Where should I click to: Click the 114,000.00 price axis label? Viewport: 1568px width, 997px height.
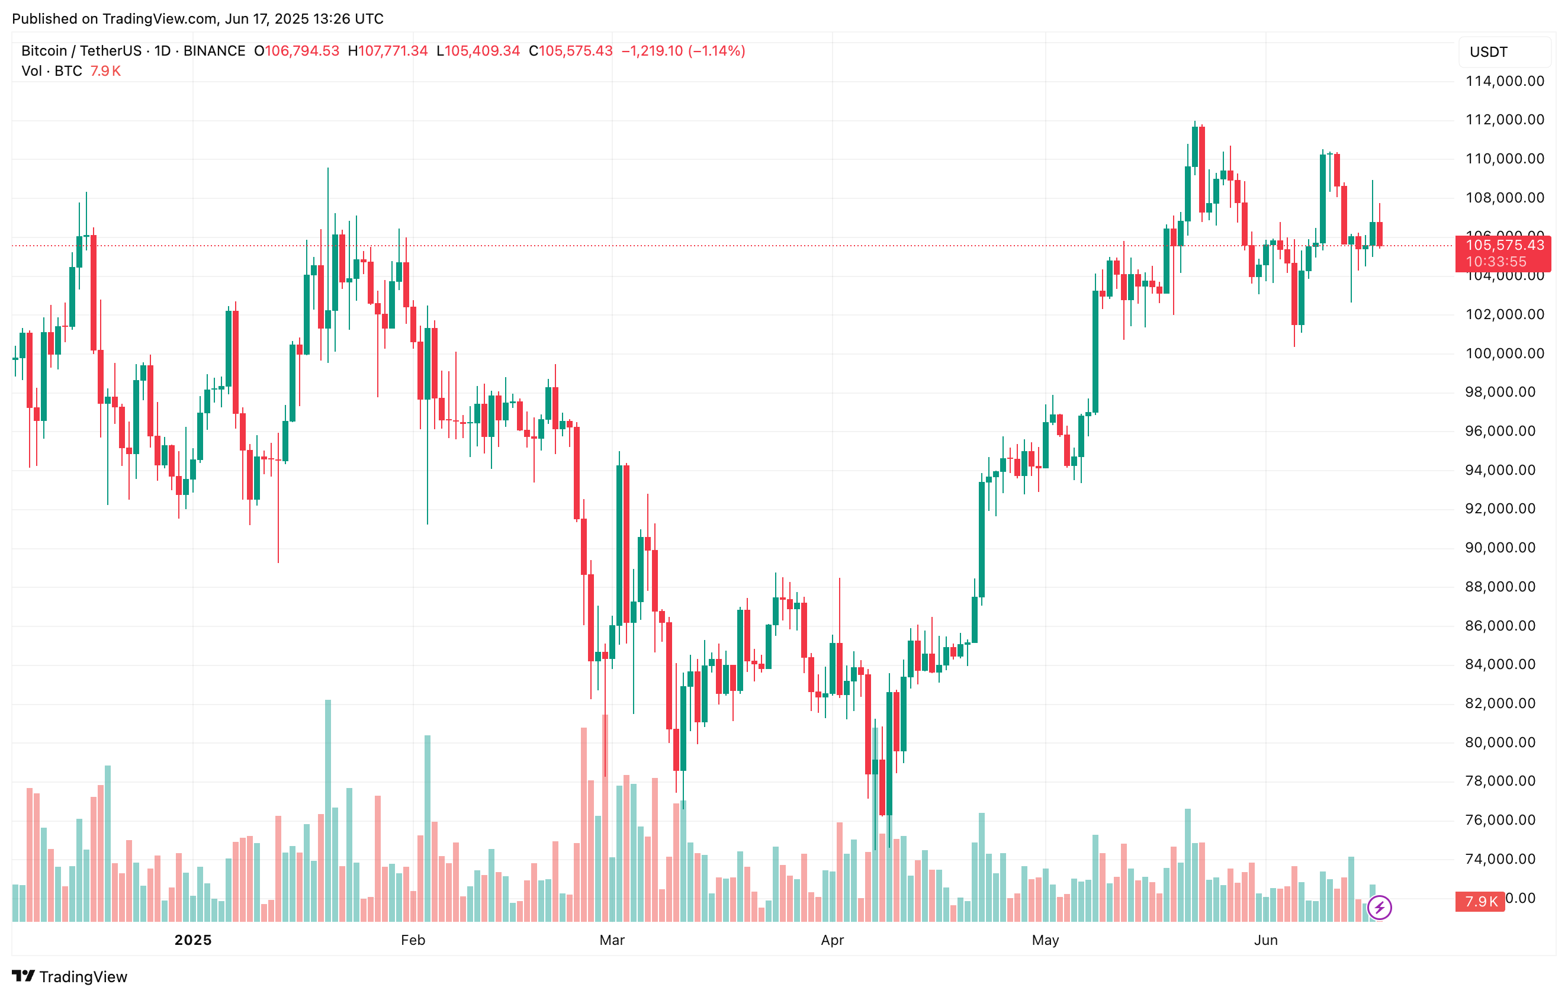coord(1504,81)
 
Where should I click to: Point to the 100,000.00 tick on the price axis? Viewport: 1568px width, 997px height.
coord(1504,353)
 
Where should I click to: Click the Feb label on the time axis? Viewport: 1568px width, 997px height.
coord(413,940)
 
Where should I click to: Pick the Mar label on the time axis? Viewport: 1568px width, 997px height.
coord(612,940)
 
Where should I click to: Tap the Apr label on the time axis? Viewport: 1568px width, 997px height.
coord(832,940)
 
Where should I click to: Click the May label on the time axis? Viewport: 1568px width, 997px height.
coord(1045,940)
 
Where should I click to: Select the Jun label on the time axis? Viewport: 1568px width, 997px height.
coord(1266,940)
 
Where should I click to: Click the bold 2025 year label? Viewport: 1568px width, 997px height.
coord(193,940)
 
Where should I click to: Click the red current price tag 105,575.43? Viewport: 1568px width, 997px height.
coord(1504,246)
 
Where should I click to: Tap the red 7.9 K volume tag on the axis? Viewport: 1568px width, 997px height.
coord(1480,902)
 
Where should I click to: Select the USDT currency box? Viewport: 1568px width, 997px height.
coord(1503,52)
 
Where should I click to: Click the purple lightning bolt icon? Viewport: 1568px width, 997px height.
coord(1380,907)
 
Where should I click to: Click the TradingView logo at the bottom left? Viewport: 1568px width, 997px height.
coord(70,977)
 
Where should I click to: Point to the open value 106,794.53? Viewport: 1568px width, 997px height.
coord(302,51)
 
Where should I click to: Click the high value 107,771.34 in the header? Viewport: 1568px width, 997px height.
coord(393,51)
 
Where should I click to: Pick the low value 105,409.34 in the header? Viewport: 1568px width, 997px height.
coord(483,51)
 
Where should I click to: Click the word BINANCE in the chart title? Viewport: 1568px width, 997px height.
coord(214,51)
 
